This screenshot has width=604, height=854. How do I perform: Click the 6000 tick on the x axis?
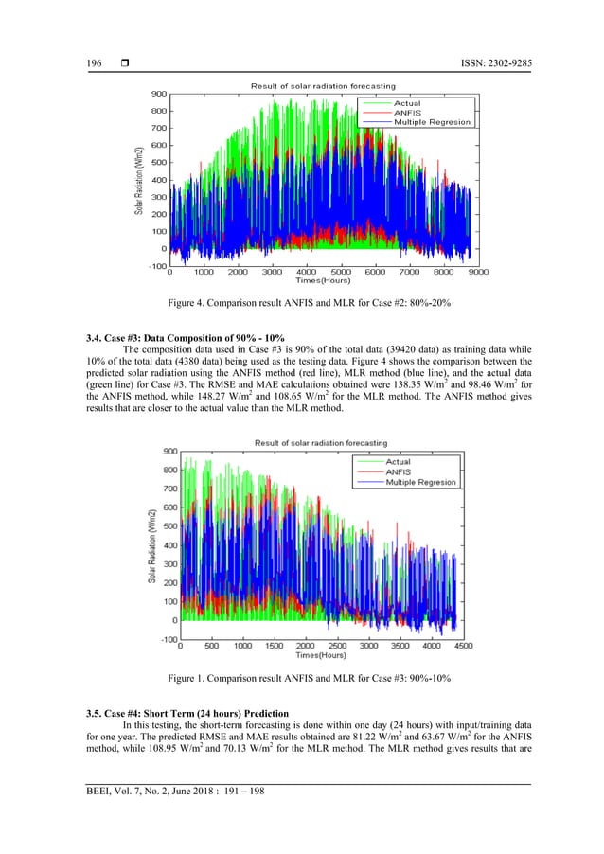point(376,272)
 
